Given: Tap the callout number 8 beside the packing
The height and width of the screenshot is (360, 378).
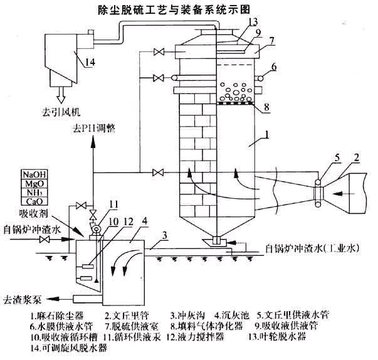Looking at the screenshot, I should coord(266,107).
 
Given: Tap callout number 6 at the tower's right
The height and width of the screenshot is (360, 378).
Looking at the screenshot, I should coord(274,66).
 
